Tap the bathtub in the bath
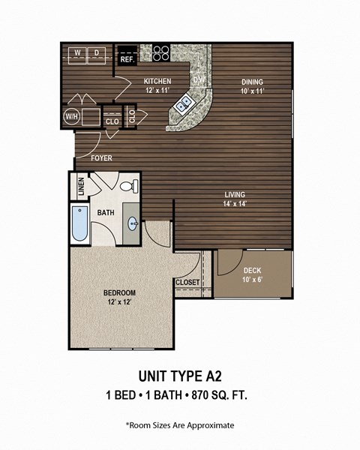pos(79,223)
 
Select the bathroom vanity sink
pos(133,223)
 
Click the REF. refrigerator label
pos(127,58)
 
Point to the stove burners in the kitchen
pos(161,52)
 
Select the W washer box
pos(77,52)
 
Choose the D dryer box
pos(97,52)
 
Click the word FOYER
pos(103,158)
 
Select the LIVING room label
pos(235,195)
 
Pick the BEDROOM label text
pos(119,292)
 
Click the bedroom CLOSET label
pos(187,282)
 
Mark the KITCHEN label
pos(157,81)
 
